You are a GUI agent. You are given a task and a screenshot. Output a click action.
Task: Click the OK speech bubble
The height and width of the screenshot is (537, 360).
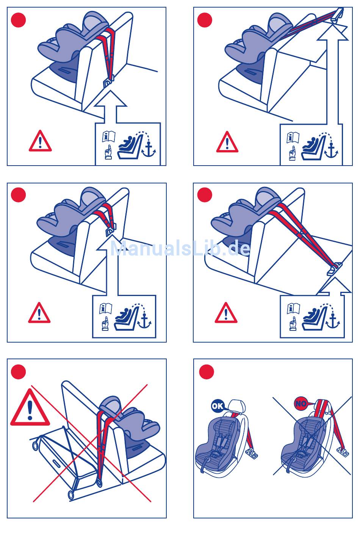(x=218, y=406)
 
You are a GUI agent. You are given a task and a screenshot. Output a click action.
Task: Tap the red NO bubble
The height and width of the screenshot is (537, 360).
(x=301, y=404)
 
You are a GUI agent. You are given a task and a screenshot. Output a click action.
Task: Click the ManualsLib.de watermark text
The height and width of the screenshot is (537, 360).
(x=180, y=248)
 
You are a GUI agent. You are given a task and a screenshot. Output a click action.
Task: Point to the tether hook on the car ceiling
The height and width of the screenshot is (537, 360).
(x=338, y=15)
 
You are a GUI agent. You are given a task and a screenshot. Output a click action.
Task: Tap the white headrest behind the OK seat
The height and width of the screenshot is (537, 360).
(x=237, y=406)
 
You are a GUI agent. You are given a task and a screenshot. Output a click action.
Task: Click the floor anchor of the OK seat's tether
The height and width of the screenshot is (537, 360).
(x=252, y=453)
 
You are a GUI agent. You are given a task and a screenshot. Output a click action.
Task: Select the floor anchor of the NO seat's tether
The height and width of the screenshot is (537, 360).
(x=343, y=452)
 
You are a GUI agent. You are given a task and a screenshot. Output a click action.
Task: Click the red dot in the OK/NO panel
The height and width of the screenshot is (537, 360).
(x=207, y=372)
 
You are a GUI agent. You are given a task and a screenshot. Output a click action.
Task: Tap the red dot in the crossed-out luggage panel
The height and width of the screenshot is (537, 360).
(x=19, y=372)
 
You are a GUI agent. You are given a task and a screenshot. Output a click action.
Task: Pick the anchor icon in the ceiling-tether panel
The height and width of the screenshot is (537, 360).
(x=331, y=150)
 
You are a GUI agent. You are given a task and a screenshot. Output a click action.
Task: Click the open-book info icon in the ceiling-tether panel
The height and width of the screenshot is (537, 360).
(x=293, y=137)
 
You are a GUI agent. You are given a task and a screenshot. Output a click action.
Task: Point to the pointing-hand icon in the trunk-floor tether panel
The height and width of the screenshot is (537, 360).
(x=293, y=324)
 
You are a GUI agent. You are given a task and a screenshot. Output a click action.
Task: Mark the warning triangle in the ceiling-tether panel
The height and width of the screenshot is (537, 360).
(x=227, y=142)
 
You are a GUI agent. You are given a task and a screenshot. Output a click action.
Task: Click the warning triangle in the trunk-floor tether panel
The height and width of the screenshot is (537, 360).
(x=226, y=313)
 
